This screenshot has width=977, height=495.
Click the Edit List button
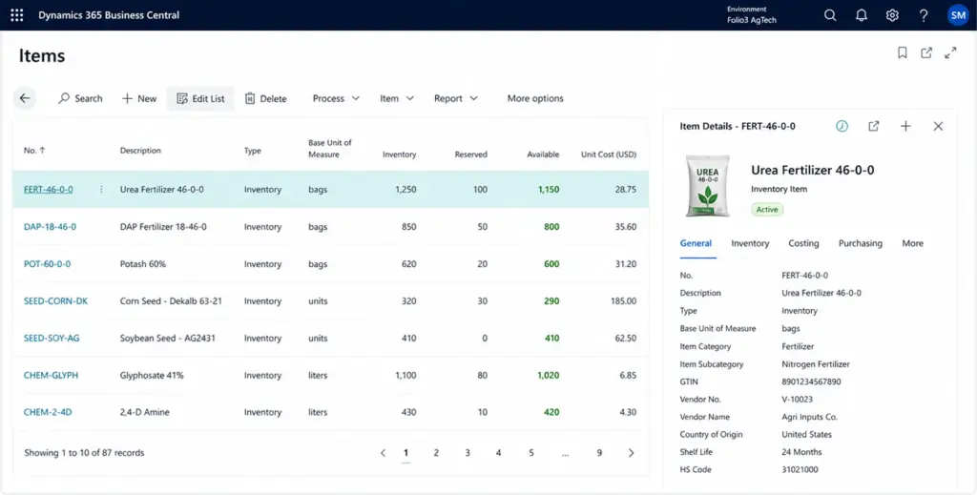[x=200, y=98]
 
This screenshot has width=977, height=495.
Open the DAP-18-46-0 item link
[x=50, y=227]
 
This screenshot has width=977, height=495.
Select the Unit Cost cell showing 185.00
[x=623, y=300]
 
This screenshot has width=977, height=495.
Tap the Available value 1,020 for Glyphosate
[x=549, y=375]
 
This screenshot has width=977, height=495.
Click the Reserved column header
[x=470, y=155]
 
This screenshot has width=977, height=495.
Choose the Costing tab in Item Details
[x=803, y=243]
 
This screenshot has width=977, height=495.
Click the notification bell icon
[x=862, y=15]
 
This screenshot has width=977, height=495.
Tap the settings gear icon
[x=892, y=15]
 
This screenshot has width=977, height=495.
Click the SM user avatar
[x=958, y=15]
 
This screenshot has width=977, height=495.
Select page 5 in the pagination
[x=530, y=453]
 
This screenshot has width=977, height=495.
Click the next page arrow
[x=632, y=453]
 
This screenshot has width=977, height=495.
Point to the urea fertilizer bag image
[x=708, y=186]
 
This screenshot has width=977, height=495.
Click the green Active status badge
[x=767, y=209]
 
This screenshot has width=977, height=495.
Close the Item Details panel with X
[x=938, y=127]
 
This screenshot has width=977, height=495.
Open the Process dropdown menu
[x=336, y=98]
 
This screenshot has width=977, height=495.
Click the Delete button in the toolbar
[x=265, y=98]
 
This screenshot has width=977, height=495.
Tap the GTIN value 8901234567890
[x=811, y=382]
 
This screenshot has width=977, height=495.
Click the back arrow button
[x=25, y=98]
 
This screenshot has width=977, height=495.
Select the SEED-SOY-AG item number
[x=52, y=338]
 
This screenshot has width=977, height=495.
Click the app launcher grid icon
[x=17, y=15]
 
